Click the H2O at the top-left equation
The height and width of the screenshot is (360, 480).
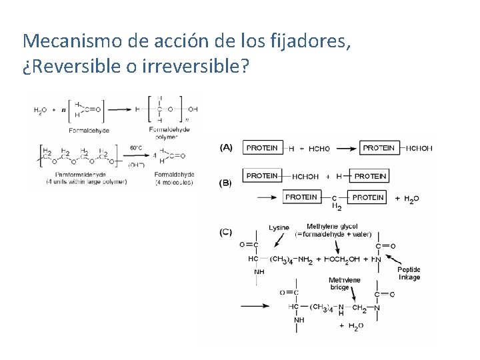pyautogui.click(x=41, y=111)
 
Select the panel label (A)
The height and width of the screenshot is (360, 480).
pyautogui.click(x=225, y=147)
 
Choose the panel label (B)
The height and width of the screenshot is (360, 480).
pyautogui.click(x=225, y=182)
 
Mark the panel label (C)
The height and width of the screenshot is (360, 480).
pyautogui.click(x=225, y=232)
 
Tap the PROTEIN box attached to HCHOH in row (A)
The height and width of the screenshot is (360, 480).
pyautogui.click(x=381, y=148)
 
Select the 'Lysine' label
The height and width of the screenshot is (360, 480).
pyautogui.click(x=279, y=228)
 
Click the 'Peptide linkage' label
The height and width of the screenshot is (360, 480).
pyautogui.click(x=409, y=273)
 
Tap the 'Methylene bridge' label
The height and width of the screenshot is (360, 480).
pyautogui.click(x=345, y=284)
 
